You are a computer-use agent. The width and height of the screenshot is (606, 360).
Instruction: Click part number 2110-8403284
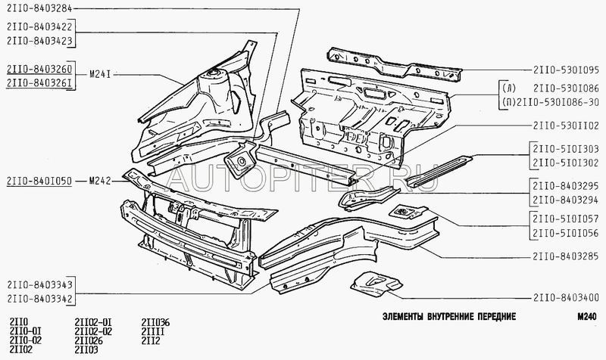41,9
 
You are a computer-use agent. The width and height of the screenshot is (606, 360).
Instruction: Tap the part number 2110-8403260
41,68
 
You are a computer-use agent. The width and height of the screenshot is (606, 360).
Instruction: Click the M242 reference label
100,181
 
